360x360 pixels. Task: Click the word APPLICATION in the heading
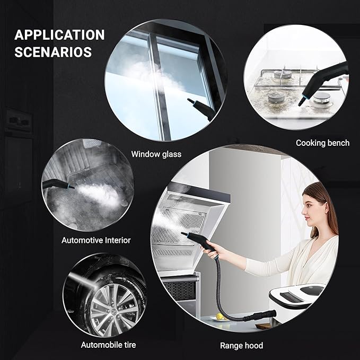point(59,35)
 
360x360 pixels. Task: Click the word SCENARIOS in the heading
point(53,52)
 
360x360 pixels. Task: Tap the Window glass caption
point(156,154)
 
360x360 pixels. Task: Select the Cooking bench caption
point(322,143)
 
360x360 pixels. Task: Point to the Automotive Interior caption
point(96,240)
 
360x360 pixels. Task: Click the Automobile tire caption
point(108,345)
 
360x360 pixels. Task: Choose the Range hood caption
point(241,346)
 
